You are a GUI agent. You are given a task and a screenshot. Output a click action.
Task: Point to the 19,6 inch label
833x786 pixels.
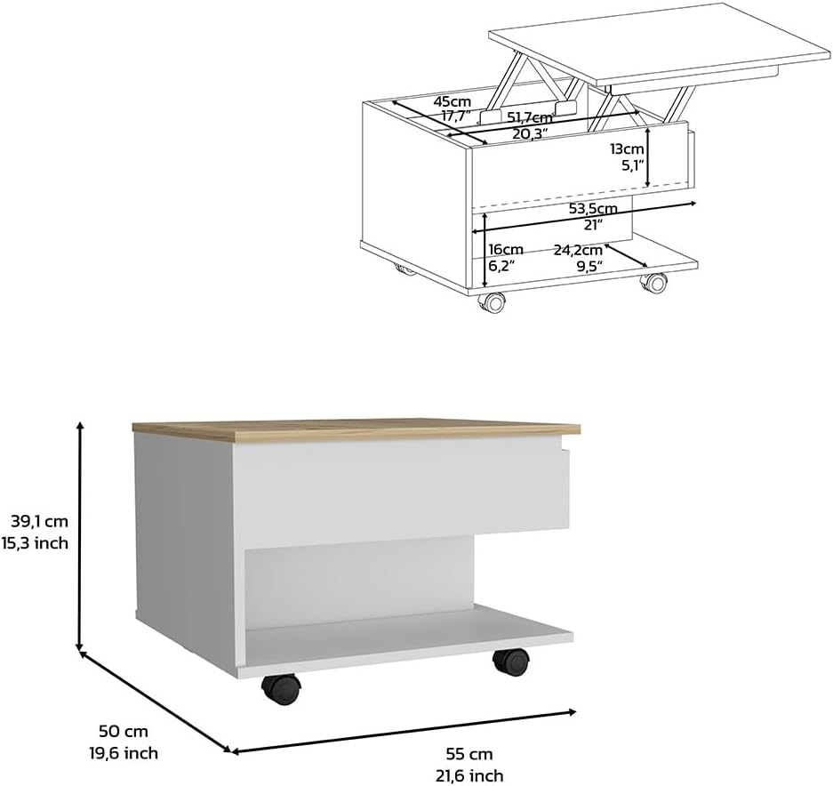pyautogui.click(x=123, y=753)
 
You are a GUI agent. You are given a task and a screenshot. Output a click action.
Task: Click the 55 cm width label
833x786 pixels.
pyautogui.click(x=469, y=753)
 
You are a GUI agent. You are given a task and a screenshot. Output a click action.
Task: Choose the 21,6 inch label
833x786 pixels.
pyautogui.click(x=469, y=775)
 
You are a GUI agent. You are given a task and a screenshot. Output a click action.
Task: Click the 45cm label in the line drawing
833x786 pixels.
pyautogui.click(x=452, y=101)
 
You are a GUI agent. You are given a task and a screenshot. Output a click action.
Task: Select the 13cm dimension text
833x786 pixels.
pyautogui.click(x=627, y=148)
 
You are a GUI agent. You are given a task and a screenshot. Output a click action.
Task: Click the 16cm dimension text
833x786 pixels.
pyautogui.click(x=506, y=250)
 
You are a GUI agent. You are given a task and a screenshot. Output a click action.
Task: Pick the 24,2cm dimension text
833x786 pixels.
pyautogui.click(x=579, y=250)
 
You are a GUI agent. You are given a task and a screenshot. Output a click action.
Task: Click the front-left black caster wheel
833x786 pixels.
pyautogui.click(x=279, y=688)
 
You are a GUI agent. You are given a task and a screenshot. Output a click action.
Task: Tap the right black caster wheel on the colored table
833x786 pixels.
pyautogui.click(x=510, y=662)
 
